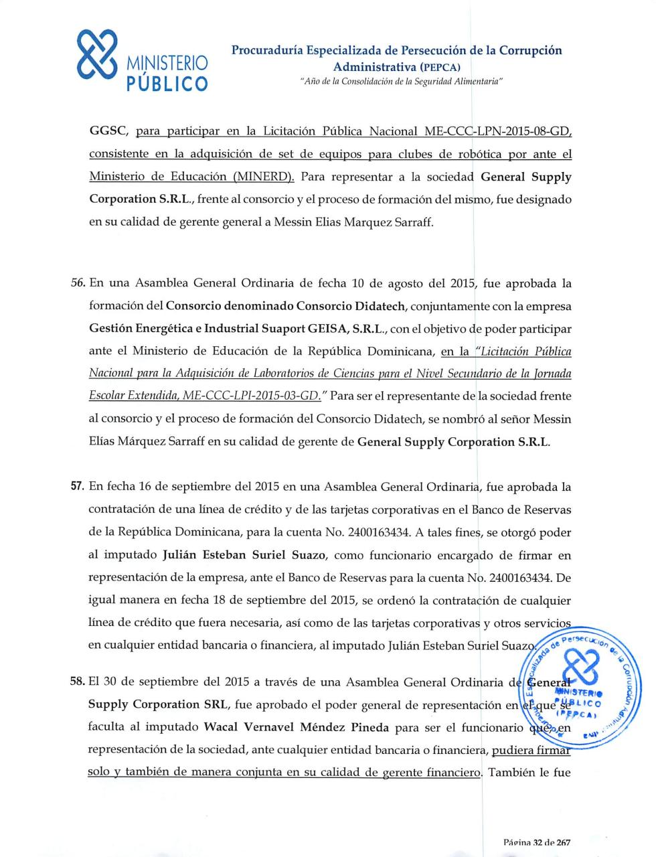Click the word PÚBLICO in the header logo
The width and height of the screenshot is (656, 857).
coord(167,84)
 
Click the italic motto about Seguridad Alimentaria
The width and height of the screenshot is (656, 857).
coord(400,81)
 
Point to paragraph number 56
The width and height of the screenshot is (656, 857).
coord(78,284)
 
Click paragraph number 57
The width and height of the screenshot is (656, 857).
coord(78,487)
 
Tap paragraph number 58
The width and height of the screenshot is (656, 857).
coord(78,682)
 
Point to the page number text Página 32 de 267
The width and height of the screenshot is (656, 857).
coord(537,843)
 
